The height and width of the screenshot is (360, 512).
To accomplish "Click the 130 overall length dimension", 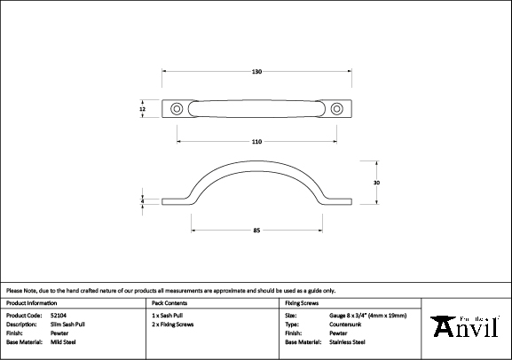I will point(256,71).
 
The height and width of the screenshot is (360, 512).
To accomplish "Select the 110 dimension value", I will point(256,142).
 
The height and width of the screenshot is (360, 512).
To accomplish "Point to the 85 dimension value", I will point(256,231).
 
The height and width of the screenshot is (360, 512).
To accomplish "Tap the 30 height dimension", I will point(377,182).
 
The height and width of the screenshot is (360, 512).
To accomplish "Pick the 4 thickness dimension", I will point(142,202).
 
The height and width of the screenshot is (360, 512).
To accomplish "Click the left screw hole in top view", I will point(177,109).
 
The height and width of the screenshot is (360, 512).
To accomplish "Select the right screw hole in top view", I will point(336,109).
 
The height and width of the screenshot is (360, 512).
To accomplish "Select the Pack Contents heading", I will point(169,303).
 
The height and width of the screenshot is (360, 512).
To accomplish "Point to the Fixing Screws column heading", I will point(302,303).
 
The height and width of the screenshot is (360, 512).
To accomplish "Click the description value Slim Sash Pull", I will point(68,324).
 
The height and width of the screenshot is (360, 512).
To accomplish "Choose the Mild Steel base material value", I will point(64,341).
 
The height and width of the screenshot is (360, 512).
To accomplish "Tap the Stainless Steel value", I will point(347,341).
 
